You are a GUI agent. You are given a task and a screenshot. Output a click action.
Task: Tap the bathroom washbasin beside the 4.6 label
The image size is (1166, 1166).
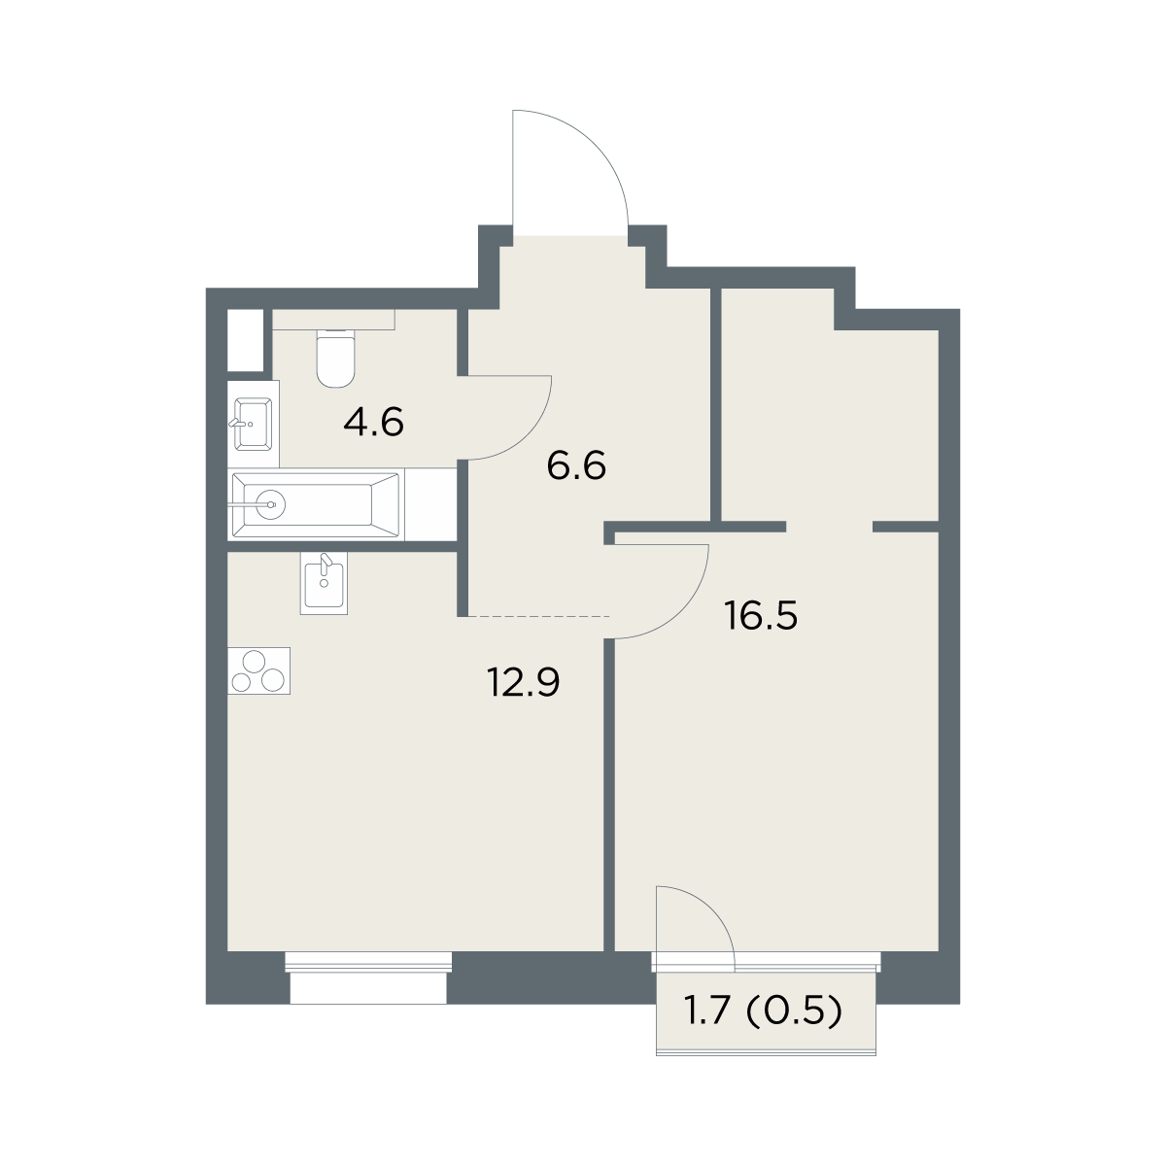tap(253, 424)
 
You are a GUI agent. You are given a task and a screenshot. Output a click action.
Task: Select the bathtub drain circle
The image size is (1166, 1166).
tap(270, 503)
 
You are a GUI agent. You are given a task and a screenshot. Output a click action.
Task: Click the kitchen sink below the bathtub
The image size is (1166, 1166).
tap(324, 584)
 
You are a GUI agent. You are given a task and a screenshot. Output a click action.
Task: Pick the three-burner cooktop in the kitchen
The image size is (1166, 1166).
tap(259, 670)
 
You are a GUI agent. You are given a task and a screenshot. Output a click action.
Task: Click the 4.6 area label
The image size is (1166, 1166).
tap(373, 422)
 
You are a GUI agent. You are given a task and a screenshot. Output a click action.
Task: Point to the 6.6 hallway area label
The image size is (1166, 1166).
tap(576, 466)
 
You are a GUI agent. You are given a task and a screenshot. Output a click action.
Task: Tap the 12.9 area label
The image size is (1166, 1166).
tap(524, 683)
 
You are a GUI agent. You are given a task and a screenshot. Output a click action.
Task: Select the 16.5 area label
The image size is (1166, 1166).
tap(761, 617)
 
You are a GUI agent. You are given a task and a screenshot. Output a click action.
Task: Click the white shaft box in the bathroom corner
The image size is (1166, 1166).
tap(245, 340)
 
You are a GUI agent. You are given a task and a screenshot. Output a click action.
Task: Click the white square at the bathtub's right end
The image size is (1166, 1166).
tap(430, 504)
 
